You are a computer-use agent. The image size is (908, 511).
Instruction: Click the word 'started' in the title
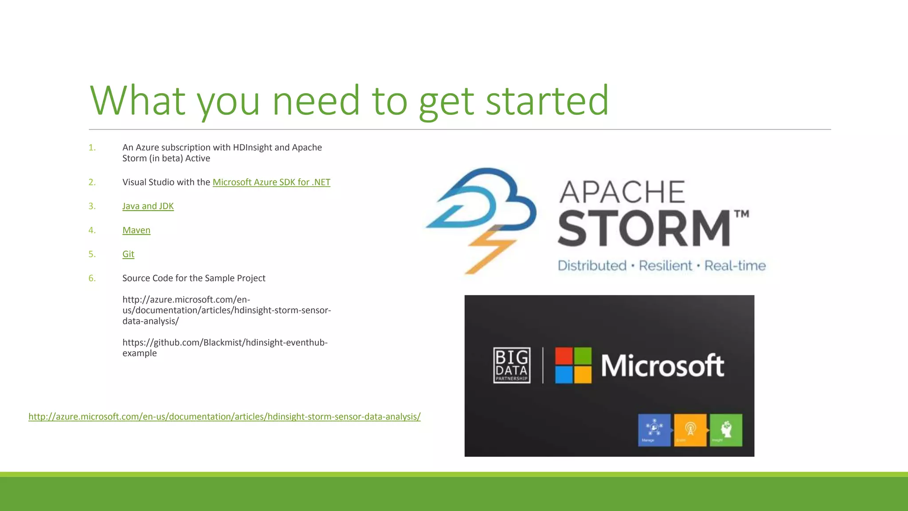tap(547, 101)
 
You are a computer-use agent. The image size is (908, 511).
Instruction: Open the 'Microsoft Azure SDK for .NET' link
tap(271, 182)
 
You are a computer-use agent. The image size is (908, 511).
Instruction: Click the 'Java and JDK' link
tap(148, 206)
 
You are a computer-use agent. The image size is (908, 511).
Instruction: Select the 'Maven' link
tap(136, 230)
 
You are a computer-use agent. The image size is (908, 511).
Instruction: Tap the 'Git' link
tap(128, 254)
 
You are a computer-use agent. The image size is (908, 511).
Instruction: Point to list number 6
tap(92, 278)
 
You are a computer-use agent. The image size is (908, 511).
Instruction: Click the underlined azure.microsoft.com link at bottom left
tap(224, 417)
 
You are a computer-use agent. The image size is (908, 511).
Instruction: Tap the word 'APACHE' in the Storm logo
tap(622, 192)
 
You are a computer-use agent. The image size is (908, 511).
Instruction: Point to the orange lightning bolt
tap(490, 251)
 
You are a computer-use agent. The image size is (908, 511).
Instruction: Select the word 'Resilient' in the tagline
tap(665, 266)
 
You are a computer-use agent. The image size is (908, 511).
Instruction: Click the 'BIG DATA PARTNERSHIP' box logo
tap(512, 365)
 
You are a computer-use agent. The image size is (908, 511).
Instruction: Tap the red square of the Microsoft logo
tap(564, 356)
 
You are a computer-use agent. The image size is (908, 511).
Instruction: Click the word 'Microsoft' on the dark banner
tap(662, 366)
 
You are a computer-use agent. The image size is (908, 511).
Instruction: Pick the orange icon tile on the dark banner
tap(690, 430)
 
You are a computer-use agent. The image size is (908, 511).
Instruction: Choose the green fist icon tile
tap(726, 430)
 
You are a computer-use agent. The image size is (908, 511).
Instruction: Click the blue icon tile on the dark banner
tap(654, 430)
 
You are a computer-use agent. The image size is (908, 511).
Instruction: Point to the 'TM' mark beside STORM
tap(742, 214)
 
